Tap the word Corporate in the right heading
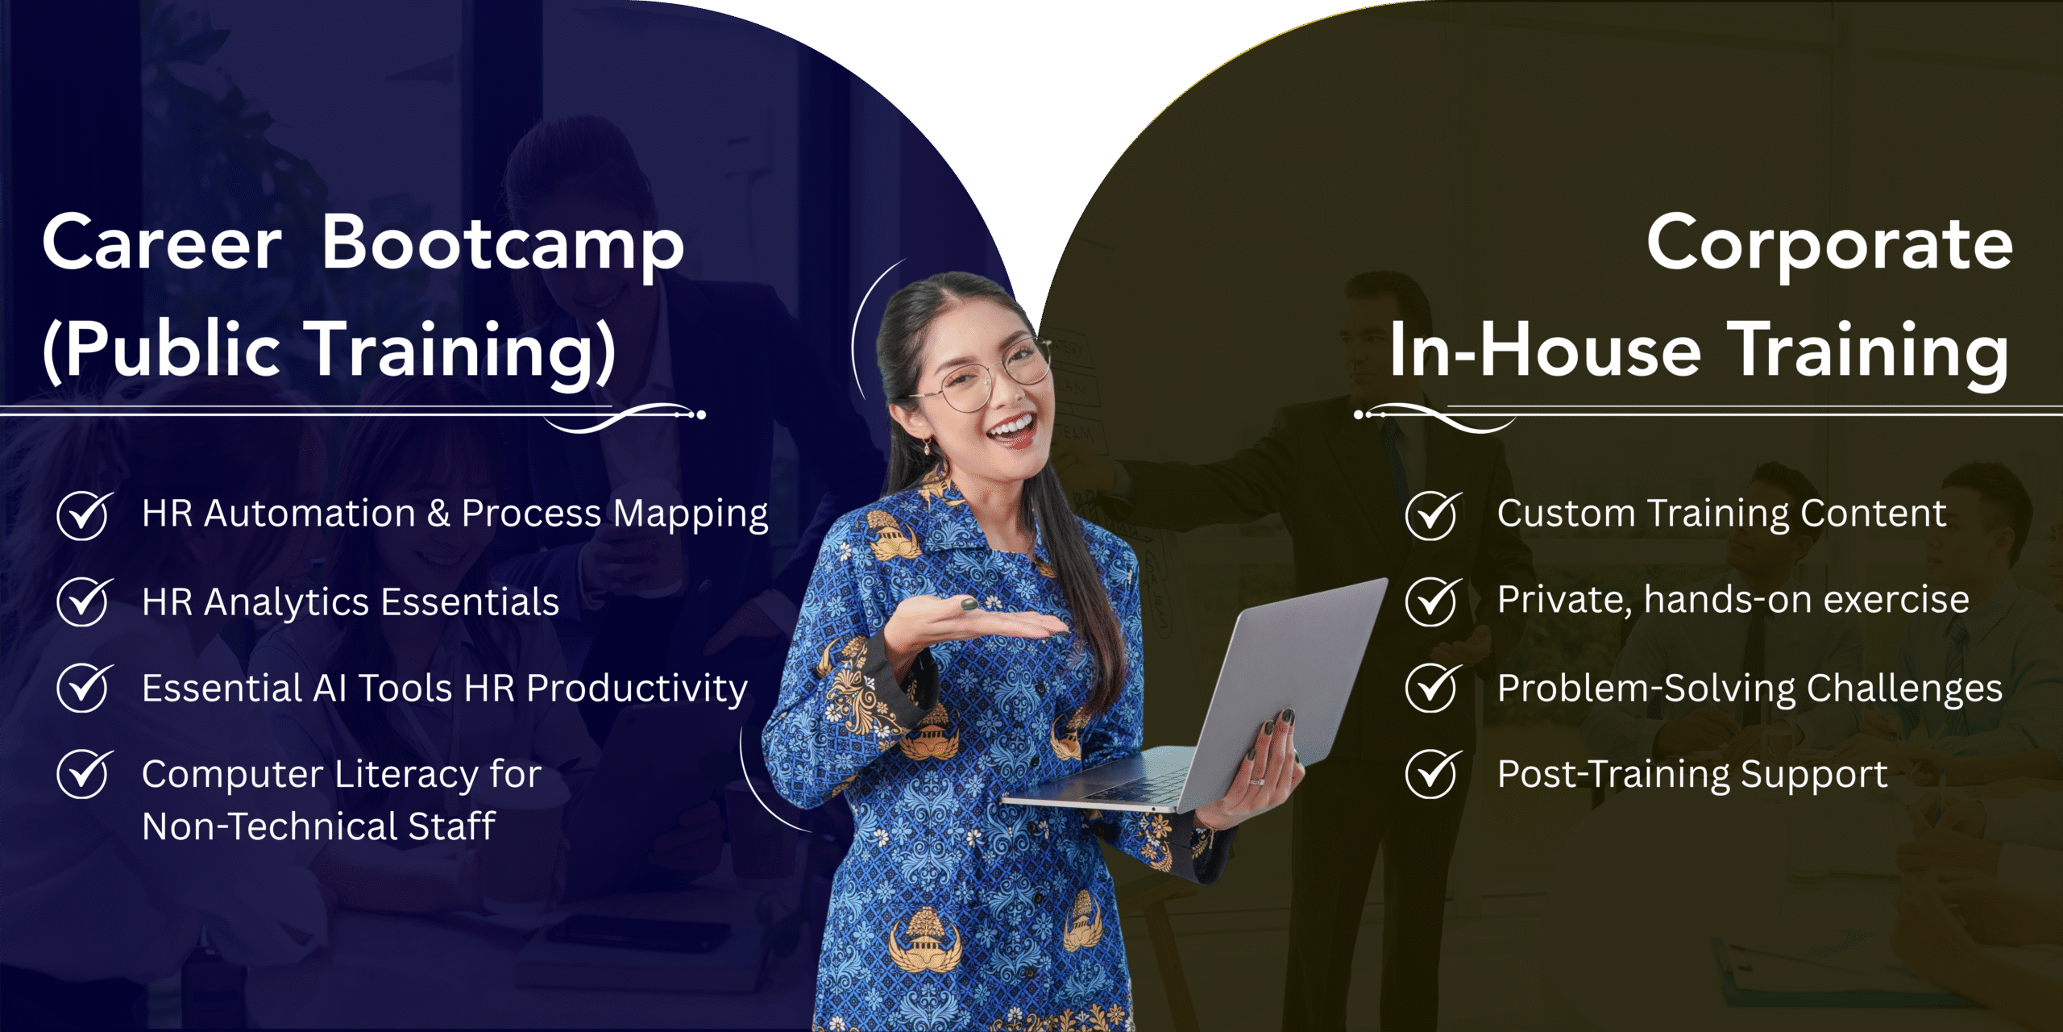1829,244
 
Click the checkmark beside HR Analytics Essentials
84,601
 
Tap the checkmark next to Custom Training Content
1433,515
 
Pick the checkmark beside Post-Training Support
1433,773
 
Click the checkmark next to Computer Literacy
84,773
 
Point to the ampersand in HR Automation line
438,514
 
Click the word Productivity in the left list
637,690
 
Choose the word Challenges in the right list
1904,690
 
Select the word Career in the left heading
162,243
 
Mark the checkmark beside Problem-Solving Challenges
1433,688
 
